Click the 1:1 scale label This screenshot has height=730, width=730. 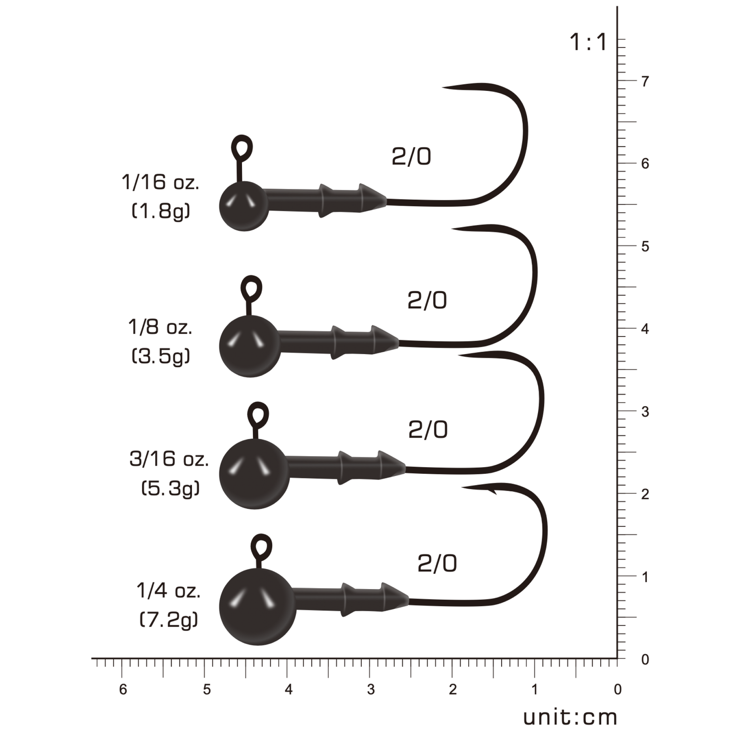pyautogui.click(x=589, y=42)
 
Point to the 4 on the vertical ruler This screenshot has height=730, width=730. pyautogui.click(x=645, y=329)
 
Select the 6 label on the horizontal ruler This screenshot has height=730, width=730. pyautogui.click(x=123, y=690)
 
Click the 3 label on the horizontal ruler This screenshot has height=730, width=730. pyautogui.click(x=371, y=690)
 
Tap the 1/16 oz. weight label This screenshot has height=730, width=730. pyautogui.click(x=160, y=182)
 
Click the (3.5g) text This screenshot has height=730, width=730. pyautogui.click(x=161, y=357)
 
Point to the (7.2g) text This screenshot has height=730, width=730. pyautogui.click(x=169, y=620)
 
